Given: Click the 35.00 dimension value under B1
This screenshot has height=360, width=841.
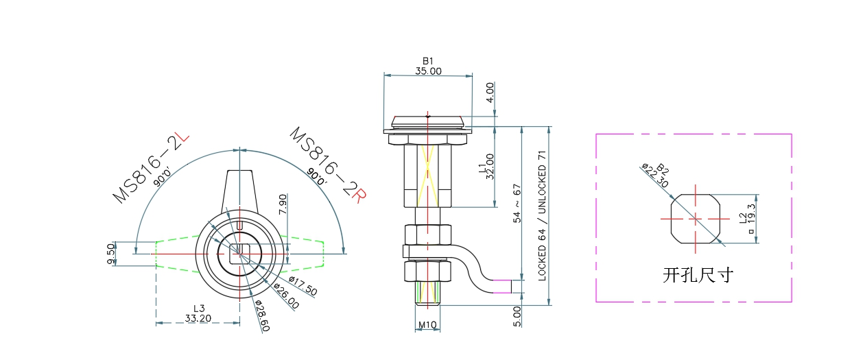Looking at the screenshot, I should (x=428, y=71).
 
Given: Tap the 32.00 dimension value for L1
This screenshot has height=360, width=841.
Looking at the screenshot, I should (x=490, y=166).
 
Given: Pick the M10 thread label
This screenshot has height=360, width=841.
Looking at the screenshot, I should (x=427, y=325).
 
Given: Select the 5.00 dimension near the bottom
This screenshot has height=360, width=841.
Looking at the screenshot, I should (x=517, y=315).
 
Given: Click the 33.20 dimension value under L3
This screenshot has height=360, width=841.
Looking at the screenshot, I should (x=198, y=318).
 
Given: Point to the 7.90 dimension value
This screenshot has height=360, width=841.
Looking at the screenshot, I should (x=283, y=204).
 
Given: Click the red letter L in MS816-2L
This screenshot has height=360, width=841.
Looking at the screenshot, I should (x=182, y=141).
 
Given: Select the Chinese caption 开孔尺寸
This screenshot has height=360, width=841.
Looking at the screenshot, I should (x=698, y=276).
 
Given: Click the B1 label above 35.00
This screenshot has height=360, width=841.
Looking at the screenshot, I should (x=428, y=61).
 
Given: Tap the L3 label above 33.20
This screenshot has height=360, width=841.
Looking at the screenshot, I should (x=199, y=309).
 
